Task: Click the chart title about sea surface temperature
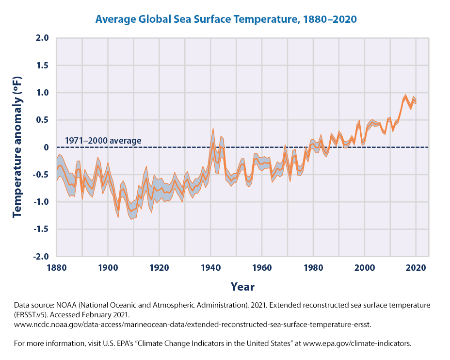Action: [x=226, y=19]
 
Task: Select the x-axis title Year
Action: [x=242, y=286]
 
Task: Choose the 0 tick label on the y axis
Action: [x=47, y=147]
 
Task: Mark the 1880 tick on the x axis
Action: [x=56, y=267]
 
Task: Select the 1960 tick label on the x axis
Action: [x=262, y=267]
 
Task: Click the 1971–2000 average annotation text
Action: [x=103, y=141]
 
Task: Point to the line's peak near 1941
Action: [x=213, y=143]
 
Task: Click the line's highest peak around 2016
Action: [x=405, y=98]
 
